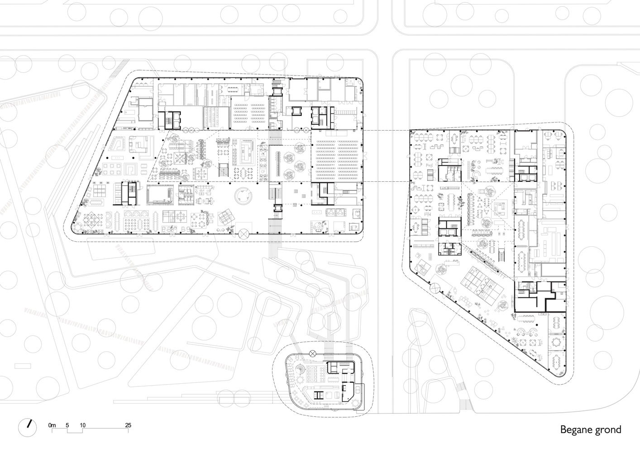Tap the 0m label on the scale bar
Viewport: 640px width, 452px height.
(x=52, y=425)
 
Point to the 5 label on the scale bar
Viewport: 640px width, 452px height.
(x=67, y=425)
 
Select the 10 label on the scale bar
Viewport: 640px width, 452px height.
(x=83, y=425)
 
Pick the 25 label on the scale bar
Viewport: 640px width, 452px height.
(x=128, y=425)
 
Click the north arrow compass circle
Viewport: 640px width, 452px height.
(x=28, y=426)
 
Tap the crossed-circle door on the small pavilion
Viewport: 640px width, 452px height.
(x=312, y=353)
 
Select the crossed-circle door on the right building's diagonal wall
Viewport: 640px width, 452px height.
(x=435, y=287)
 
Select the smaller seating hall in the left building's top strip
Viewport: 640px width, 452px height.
(x=248, y=115)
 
